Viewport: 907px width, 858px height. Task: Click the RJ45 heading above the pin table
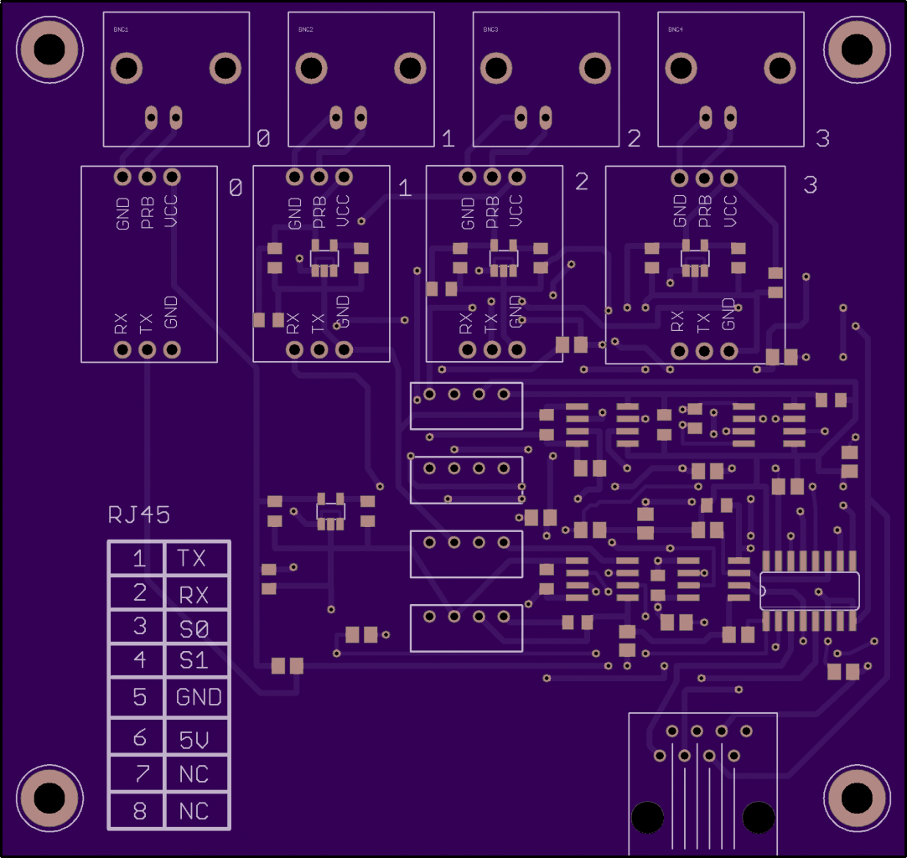click(x=138, y=514)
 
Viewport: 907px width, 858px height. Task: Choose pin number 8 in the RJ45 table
click(x=140, y=811)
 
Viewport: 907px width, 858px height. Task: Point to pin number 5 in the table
click(x=140, y=696)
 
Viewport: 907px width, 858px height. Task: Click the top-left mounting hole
click(x=49, y=48)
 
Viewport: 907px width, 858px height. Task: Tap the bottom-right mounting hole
click(x=857, y=798)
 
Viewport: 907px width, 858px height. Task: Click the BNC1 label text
click(x=121, y=29)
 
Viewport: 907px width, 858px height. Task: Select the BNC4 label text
click(x=675, y=29)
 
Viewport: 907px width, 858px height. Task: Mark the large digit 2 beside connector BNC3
click(x=634, y=138)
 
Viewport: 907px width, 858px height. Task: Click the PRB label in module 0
click(x=148, y=213)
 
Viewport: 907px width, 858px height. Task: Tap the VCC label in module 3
click(x=728, y=211)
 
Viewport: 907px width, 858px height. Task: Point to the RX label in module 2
click(x=466, y=323)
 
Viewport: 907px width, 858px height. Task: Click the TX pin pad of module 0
click(x=147, y=349)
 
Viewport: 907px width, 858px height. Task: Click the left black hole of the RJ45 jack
click(x=647, y=817)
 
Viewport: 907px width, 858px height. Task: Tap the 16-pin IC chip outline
click(x=809, y=591)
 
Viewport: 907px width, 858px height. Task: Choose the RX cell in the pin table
click(x=194, y=595)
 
